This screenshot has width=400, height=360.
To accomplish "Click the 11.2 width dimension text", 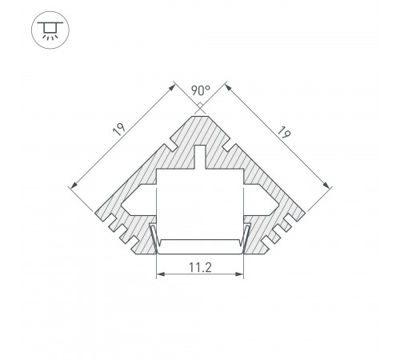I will click(x=199, y=268).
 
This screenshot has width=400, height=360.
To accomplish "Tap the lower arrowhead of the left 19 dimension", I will click(x=74, y=186).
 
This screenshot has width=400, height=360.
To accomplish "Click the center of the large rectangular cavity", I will click(x=199, y=208).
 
